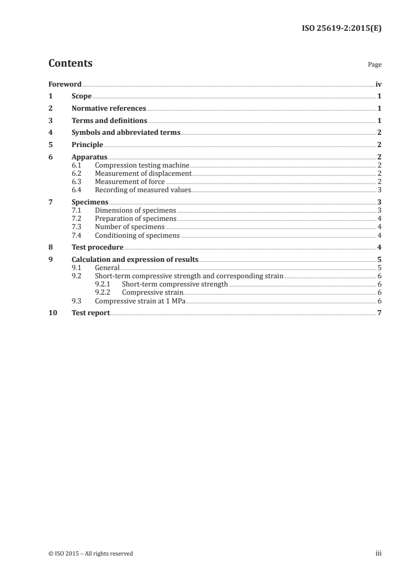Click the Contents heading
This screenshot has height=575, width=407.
pos(70,64)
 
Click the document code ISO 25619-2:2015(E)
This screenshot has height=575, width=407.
pos(341,29)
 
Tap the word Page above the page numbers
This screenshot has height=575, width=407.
pos(375,65)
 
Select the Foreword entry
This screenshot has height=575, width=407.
pos(65,84)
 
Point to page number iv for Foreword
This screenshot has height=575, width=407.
pos(378,84)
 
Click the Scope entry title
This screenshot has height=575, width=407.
pos(82,96)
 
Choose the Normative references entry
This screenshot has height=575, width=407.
pos(109,109)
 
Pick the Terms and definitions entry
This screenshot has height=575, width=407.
pos(109,121)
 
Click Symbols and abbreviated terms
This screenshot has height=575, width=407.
pos(126,133)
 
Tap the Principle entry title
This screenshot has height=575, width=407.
pos(87,145)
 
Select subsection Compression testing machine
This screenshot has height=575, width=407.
pos(142,166)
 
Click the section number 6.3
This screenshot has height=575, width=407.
pos(77,181)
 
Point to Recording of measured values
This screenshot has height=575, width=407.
pos(143,190)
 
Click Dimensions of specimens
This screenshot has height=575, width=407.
pos(135,210)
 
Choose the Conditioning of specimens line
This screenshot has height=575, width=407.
pos(137,235)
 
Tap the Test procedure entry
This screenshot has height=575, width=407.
pos(98,248)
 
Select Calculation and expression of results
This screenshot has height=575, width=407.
pos(135,259)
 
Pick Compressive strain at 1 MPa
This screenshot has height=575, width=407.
pos(140,301)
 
